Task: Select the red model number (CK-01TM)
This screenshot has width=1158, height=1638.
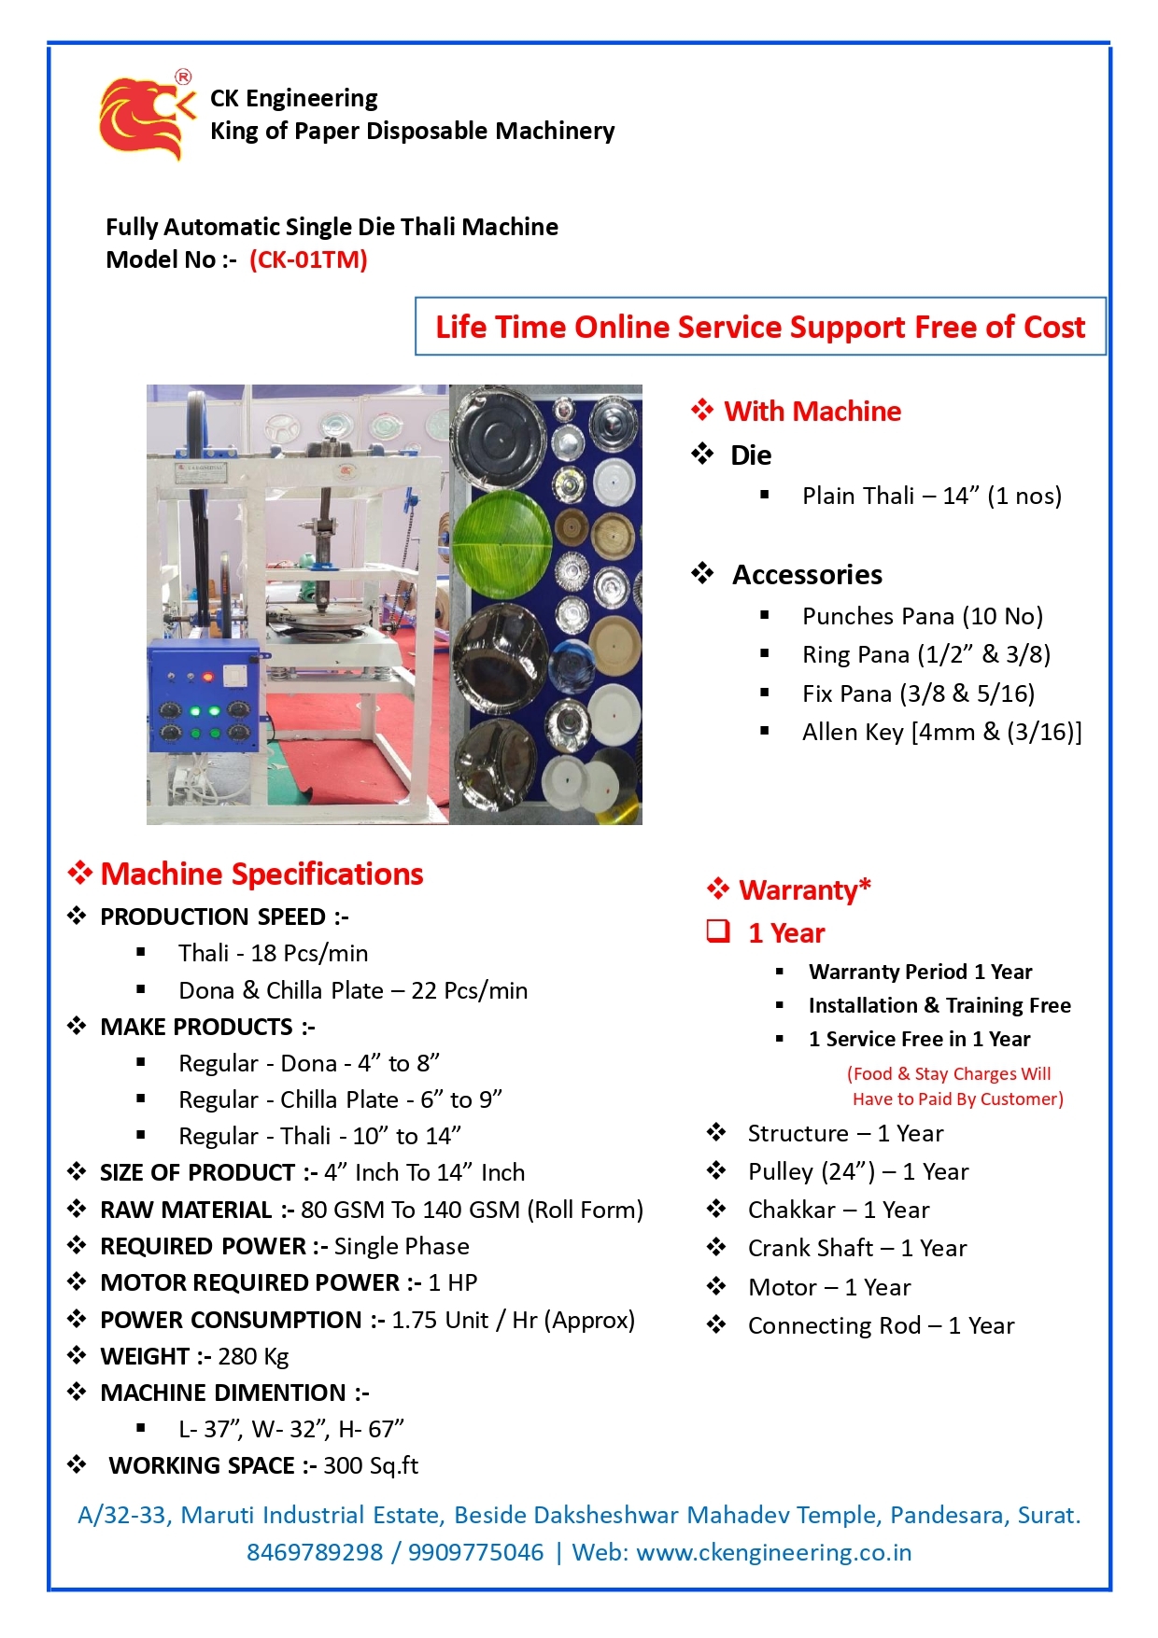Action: click(x=308, y=259)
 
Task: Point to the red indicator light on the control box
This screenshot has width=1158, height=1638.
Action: click(x=208, y=677)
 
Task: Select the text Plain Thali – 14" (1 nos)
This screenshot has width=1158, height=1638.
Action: click(x=931, y=496)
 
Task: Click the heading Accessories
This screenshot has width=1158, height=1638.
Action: click(x=807, y=575)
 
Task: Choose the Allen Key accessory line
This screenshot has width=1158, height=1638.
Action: click(x=941, y=732)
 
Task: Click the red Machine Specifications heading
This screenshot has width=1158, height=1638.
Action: click(x=261, y=875)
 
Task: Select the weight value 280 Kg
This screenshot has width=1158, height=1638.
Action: click(x=253, y=1356)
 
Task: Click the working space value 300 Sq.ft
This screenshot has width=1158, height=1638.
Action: click(x=371, y=1465)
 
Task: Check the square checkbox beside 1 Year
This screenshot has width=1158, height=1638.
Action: click(x=718, y=931)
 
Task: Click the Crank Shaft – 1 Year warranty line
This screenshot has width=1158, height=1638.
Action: click(x=856, y=1248)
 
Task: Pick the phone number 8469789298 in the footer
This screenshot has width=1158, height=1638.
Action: click(x=315, y=1552)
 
